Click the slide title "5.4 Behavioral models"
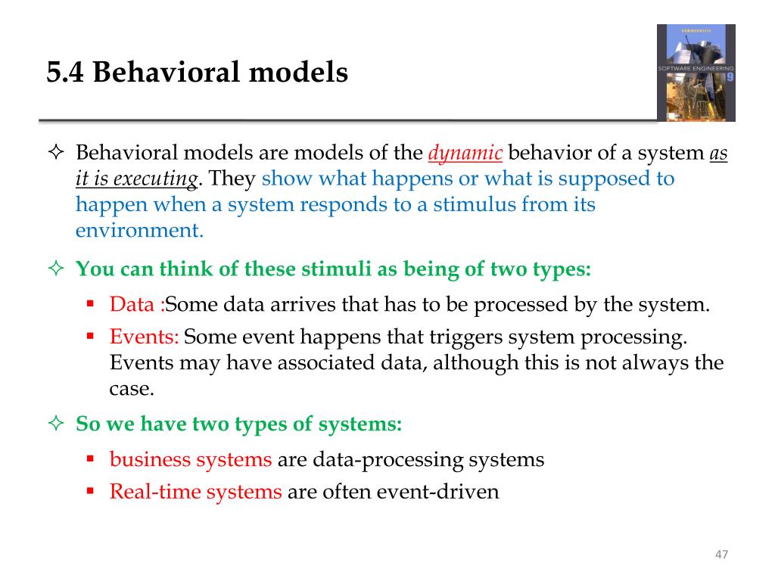pyautogui.click(x=198, y=73)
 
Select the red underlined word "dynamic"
pyautogui.click(x=465, y=154)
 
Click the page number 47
pyautogui.click(x=721, y=555)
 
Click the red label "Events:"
pyautogui.click(x=144, y=337)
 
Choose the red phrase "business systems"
pyautogui.click(x=191, y=459)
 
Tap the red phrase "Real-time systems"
pyautogui.click(x=195, y=492)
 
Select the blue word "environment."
pyautogui.click(x=139, y=231)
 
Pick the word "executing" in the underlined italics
pyautogui.click(x=161, y=179)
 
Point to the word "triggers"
pyautogui.click(x=466, y=337)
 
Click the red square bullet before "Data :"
pyautogui.click(x=89, y=305)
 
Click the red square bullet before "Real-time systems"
pyautogui.click(x=89, y=492)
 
